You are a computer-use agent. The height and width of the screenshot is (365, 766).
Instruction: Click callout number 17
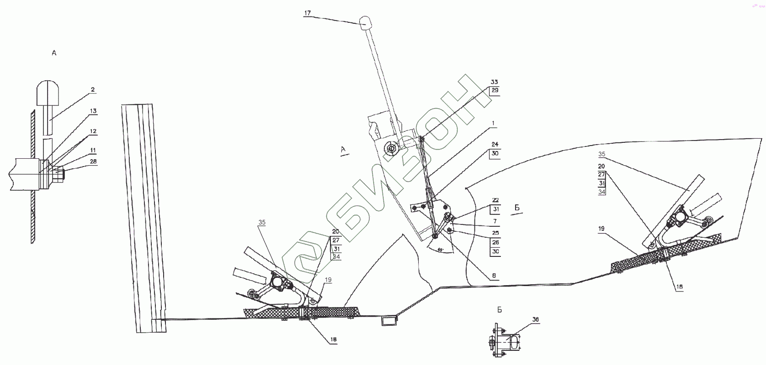307,13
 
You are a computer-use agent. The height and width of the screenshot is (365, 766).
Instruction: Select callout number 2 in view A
93,90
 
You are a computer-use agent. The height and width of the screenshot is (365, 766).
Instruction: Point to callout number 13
93,111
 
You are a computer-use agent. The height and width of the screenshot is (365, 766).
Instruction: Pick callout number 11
93,150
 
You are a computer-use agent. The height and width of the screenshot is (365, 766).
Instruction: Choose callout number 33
494,82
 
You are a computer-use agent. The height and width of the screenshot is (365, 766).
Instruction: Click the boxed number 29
495,90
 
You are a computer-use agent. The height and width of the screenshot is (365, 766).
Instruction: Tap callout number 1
494,123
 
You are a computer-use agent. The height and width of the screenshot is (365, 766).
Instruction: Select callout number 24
495,145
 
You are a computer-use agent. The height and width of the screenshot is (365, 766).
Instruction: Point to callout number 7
495,221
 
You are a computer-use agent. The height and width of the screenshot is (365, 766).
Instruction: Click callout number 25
495,233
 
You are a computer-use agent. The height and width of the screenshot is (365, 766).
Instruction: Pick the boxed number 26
495,242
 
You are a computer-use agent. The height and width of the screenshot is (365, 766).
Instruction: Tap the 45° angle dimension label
440,250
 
